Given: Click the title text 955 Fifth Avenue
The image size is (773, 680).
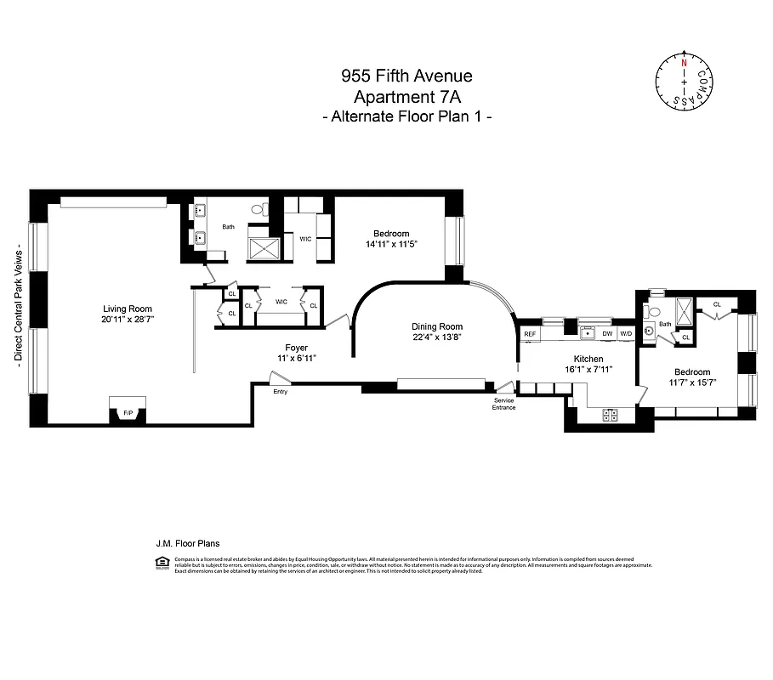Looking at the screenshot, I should point(406,76).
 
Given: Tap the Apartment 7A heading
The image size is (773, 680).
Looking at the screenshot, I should point(406,96).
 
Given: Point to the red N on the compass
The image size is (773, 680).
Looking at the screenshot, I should point(683,61).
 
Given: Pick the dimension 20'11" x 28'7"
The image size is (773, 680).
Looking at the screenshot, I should point(128,319).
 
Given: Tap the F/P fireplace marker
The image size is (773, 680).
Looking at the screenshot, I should point(128,413).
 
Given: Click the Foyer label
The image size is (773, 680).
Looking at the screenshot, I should point(296,348).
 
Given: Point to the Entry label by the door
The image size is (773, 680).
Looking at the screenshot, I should point(281,392).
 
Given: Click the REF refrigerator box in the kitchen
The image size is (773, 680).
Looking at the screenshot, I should point(530,334).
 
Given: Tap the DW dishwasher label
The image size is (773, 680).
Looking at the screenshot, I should point(607,334).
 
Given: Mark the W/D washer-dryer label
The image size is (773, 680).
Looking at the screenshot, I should point(627,334).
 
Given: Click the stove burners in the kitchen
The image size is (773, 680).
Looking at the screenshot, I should point(610,415).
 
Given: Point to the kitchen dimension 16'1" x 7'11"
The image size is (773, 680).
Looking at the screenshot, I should point(588,370).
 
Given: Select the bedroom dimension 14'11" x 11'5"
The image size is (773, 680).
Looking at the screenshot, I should point(391,244).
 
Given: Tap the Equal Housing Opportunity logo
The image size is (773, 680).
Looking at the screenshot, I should point(162,562).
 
